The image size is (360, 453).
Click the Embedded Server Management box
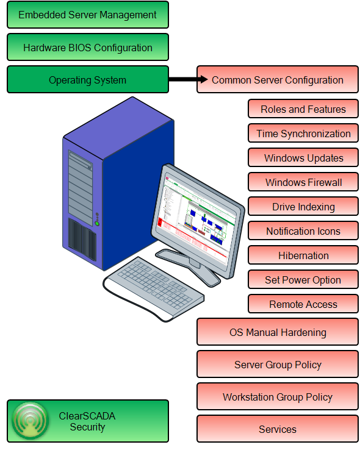click(x=88, y=15)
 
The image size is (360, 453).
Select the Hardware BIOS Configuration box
click(x=88, y=47)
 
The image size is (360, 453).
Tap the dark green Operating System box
click(x=88, y=79)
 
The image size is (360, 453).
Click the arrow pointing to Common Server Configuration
click(x=189, y=79)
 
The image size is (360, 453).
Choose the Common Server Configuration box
click(x=278, y=79)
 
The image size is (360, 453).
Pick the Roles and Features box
click(x=303, y=109)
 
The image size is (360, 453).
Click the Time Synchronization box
click(x=303, y=133)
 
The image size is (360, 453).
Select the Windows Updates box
click(x=303, y=157)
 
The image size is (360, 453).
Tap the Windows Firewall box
click(x=303, y=182)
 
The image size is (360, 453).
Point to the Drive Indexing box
click(x=303, y=206)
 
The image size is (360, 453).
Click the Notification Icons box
click(x=303, y=230)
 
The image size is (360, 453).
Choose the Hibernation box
click(x=303, y=255)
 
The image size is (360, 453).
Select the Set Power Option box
click(x=303, y=279)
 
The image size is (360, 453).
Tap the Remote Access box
click(x=303, y=304)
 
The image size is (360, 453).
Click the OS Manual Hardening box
click(x=278, y=332)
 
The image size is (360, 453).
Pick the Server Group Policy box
click(x=278, y=365)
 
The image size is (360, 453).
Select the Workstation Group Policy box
click(x=278, y=397)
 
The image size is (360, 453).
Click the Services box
click(x=278, y=429)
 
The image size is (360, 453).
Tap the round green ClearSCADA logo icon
click(x=31, y=421)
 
